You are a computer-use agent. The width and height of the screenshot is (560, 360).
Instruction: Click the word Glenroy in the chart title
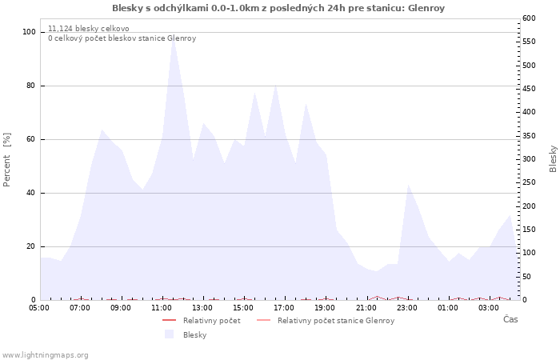426,8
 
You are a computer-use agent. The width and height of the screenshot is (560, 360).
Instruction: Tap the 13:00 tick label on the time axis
202,308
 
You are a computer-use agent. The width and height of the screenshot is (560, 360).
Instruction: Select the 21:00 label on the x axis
366,308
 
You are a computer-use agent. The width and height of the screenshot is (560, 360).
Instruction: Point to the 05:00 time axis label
39,308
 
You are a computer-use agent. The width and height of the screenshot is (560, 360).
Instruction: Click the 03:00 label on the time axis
489,308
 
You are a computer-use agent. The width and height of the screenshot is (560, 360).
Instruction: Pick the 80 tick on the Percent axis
30,86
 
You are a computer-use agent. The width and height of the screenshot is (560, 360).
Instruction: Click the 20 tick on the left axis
30,246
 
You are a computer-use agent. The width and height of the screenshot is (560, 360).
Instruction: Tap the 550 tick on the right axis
530,42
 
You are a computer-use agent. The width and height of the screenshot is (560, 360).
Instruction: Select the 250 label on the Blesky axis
530,182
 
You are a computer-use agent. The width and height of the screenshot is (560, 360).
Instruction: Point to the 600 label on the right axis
530,18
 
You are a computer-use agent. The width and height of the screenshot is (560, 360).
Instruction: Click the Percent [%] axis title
6,160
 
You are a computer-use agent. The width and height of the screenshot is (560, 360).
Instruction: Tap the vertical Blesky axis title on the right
553,159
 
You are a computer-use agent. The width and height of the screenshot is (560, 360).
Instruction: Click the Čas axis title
510,319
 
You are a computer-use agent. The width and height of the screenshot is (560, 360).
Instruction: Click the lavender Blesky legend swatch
169,334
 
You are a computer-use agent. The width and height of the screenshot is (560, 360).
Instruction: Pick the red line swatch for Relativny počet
169,320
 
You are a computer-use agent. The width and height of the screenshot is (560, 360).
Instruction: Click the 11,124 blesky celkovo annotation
89,29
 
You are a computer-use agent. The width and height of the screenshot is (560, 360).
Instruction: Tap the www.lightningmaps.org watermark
44,355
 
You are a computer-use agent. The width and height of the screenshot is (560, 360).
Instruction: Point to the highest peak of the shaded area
174,37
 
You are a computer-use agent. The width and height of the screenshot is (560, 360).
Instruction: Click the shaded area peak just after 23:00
408,185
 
